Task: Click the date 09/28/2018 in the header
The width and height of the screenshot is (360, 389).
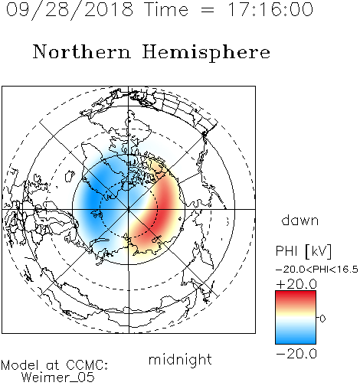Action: pyautogui.click(x=70, y=10)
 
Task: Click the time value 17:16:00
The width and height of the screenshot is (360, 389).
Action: pyautogui.click(x=270, y=9)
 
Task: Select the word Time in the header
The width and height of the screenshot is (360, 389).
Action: pyautogui.click(x=166, y=9)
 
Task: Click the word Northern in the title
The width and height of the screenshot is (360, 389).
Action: pyautogui.click(x=82, y=51)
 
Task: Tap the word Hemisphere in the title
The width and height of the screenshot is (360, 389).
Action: pyautogui.click(x=206, y=52)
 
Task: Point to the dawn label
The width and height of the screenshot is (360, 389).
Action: pyautogui.click(x=300, y=220)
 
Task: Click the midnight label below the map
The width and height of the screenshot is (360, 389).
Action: pyautogui.click(x=180, y=359)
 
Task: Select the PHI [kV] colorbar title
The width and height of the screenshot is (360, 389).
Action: pyautogui.click(x=303, y=251)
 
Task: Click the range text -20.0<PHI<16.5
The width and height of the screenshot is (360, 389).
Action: pyautogui.click(x=317, y=270)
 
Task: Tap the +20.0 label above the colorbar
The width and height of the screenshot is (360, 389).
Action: pyautogui.click(x=296, y=284)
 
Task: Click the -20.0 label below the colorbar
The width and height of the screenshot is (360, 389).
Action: pyautogui.click(x=296, y=354)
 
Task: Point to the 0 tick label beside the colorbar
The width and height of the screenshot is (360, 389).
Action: pyautogui.click(x=322, y=319)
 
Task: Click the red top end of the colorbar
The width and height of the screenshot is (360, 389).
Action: pyautogui.click(x=296, y=293)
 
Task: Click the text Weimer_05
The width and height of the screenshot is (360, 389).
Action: pyautogui.click(x=58, y=377)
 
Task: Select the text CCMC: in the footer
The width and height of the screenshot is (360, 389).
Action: pyautogui.click(x=87, y=365)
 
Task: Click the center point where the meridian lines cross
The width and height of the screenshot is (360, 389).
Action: pyautogui.click(x=129, y=209)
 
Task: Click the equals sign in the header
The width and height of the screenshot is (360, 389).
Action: pyautogui.click(x=208, y=10)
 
